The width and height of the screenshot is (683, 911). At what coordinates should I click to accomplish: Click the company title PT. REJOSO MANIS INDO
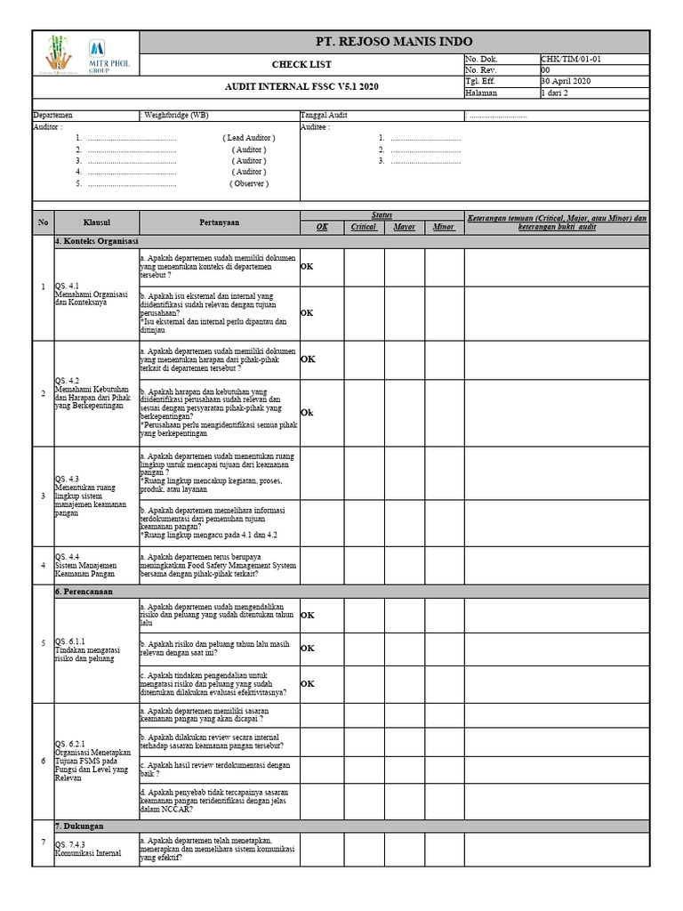(394, 42)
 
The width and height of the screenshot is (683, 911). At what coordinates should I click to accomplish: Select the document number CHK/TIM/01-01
(571, 59)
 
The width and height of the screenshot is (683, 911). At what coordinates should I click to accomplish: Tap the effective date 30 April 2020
(566, 81)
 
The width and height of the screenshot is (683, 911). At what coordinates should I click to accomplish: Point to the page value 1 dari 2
(557, 93)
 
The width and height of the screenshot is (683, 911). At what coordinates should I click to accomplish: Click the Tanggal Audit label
(324, 115)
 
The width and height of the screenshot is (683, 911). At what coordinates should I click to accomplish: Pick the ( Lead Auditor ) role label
(248, 138)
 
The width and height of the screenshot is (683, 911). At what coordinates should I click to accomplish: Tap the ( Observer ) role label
(248, 183)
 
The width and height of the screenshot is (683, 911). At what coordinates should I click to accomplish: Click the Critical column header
(363, 227)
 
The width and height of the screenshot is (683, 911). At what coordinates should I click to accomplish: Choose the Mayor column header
(404, 227)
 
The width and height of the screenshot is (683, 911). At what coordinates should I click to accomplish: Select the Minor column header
(443, 227)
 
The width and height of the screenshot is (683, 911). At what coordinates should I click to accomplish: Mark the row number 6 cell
(43, 761)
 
